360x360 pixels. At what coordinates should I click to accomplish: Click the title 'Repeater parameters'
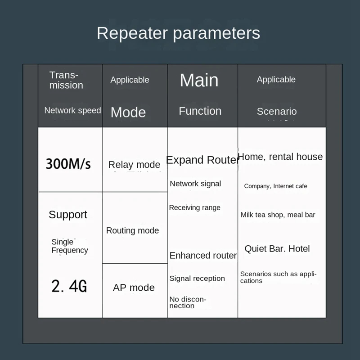point(178,33)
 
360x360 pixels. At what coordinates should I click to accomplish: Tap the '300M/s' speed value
point(68,164)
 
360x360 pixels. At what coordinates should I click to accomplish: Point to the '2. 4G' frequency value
point(69,286)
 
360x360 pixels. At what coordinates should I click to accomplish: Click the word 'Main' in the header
point(199,81)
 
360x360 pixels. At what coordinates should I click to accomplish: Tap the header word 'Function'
point(200,111)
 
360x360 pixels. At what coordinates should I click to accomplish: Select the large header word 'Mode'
point(128,112)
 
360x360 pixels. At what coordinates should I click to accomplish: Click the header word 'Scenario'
point(277,111)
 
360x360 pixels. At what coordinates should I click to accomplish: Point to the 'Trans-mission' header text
point(66,80)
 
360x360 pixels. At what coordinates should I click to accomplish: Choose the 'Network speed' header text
point(72,110)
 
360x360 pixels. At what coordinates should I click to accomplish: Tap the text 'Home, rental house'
point(280,157)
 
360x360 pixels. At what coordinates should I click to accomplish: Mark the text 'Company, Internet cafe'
point(275,186)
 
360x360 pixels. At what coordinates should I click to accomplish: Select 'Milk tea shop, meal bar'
point(278,215)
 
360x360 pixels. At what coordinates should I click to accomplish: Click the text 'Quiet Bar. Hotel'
point(277,249)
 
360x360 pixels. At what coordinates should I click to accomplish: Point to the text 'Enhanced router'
point(203,255)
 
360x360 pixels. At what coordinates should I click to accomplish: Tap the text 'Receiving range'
point(195,207)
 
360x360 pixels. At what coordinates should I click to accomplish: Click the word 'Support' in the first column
point(68,215)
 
